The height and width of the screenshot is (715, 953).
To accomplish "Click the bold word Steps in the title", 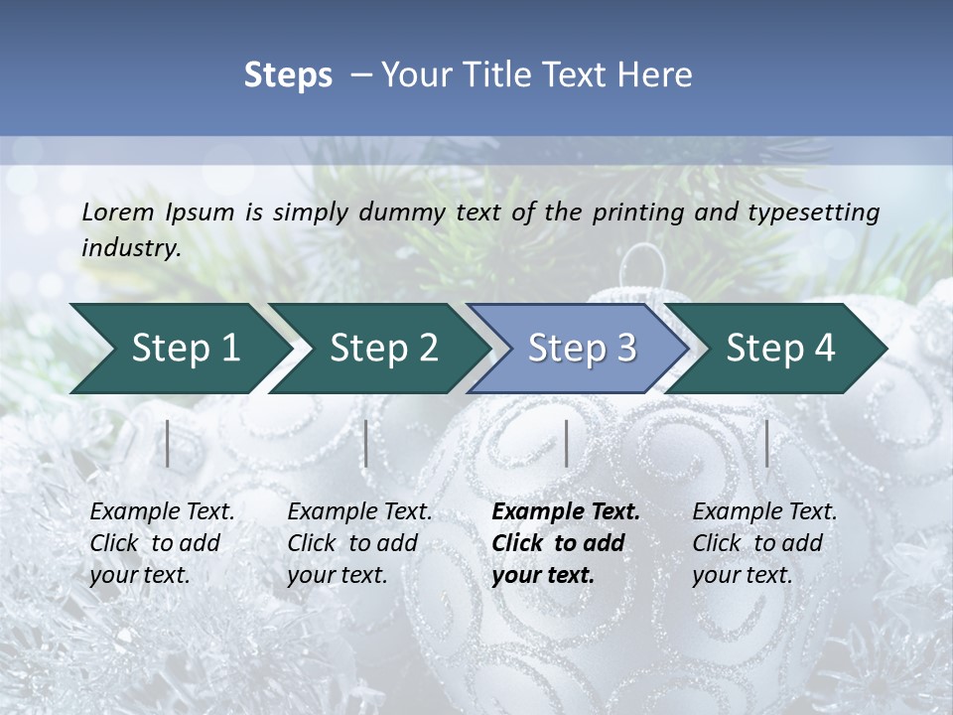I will [288, 75].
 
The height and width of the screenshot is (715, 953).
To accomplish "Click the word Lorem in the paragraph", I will [118, 212].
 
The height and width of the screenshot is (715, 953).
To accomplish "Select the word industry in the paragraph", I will [128, 248].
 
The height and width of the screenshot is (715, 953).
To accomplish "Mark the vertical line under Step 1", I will [168, 443].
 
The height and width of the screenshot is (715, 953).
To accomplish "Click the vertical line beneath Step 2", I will [366, 443].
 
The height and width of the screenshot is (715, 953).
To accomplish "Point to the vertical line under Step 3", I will [566, 443].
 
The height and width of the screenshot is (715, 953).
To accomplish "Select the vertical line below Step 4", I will [767, 443].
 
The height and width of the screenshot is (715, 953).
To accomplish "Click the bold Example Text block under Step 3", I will [566, 543].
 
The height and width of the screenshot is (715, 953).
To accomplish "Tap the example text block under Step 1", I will [162, 543].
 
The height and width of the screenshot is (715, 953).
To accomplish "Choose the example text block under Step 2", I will [359, 543].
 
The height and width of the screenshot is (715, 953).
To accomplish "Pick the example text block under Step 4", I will [764, 543].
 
